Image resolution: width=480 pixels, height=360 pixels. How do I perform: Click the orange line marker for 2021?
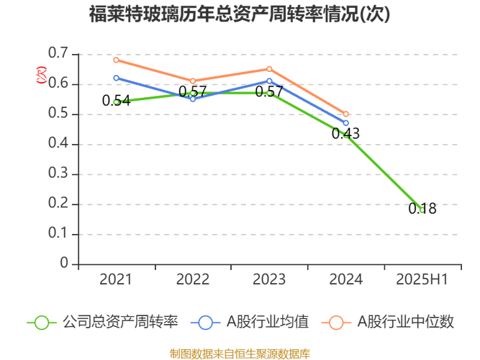(x=115, y=60)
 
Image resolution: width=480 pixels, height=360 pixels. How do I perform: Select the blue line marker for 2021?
(x=115, y=78)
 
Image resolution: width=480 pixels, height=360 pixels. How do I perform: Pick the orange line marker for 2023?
(x=269, y=69)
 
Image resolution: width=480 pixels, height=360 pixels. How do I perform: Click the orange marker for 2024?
(x=346, y=114)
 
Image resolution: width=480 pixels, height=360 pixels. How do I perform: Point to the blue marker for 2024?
(x=346, y=123)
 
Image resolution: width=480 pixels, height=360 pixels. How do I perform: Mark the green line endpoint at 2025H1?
(x=424, y=209)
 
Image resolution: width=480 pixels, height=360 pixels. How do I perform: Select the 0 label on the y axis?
(x=63, y=263)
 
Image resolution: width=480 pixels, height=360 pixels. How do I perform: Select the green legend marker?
(x=41, y=322)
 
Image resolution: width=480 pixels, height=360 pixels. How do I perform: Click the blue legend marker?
(x=206, y=322)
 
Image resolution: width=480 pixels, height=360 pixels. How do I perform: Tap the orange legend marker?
(x=337, y=322)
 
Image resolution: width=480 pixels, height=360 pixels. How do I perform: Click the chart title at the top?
(x=240, y=14)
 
